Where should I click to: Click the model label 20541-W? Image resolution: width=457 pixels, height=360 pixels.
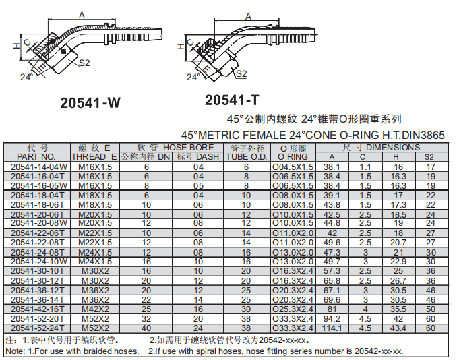coord(90,103)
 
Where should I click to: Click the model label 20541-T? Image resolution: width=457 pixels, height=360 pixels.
coord(232,100)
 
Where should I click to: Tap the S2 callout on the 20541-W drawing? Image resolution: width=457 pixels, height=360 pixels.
coord(85,63)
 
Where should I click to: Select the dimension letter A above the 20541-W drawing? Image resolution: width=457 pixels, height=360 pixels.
coord(82,14)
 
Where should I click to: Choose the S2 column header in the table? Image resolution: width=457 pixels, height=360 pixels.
coord(430,157)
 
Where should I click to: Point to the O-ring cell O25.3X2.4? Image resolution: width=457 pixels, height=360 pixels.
coord(293,308)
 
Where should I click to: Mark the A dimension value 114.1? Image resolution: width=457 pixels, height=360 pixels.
coord(332,328)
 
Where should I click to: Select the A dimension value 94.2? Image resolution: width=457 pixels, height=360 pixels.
coord(332,318)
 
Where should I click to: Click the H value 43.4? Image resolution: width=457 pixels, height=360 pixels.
coord(398,328)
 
